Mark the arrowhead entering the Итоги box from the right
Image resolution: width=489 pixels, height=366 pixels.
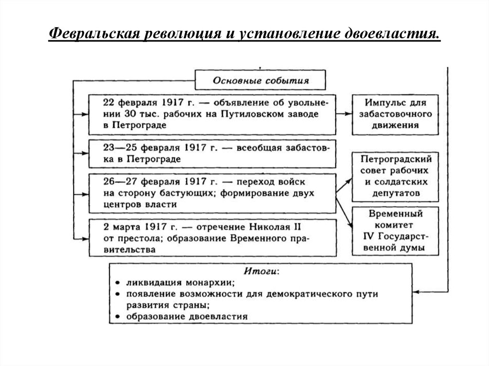pos(415,291)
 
